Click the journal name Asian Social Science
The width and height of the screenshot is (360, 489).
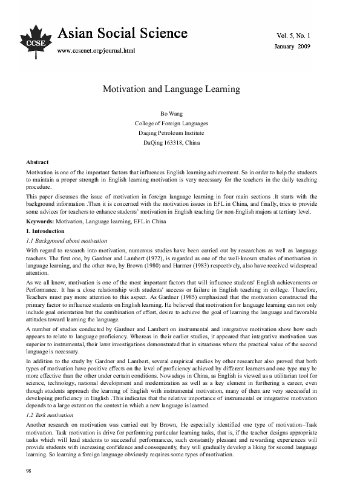click(116, 34)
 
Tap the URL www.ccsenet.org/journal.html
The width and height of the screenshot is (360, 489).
click(95, 50)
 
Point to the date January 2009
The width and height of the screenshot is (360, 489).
click(292, 46)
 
